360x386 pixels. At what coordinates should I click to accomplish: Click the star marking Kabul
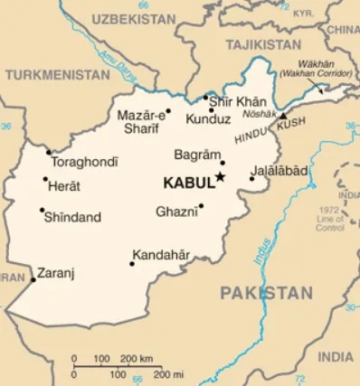tap(221, 177)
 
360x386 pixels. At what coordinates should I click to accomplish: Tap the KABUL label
tap(187, 183)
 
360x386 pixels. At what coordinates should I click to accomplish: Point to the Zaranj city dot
tap(33, 279)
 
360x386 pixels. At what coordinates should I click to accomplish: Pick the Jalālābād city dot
tap(253, 189)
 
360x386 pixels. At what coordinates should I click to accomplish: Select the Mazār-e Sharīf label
tap(143, 121)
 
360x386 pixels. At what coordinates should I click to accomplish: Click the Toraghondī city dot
tap(49, 152)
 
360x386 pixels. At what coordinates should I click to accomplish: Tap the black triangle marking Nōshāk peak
tap(282, 117)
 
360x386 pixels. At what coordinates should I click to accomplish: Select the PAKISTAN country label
tap(266, 293)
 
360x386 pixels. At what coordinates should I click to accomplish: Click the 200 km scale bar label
tap(136, 358)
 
